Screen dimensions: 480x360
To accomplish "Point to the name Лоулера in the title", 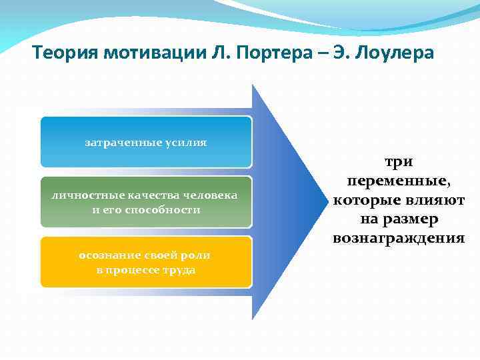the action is (396, 53).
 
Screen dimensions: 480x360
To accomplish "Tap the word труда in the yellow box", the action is (179, 270).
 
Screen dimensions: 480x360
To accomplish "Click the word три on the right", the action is (398, 162).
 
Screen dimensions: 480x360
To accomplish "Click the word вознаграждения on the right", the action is (398, 237).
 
